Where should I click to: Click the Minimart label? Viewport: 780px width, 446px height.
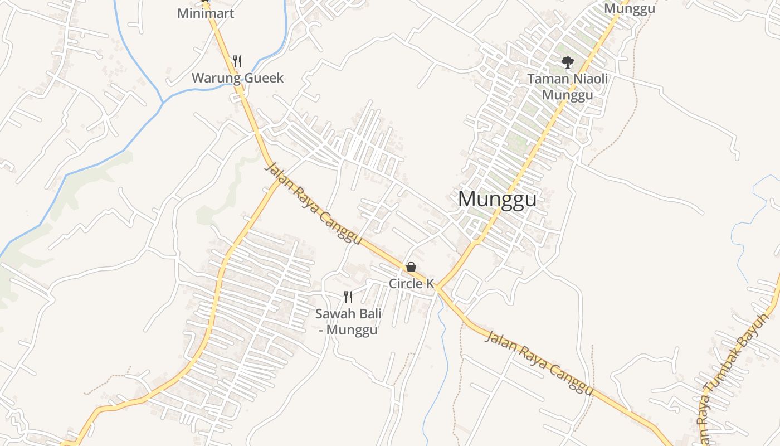pyautogui.click(x=206, y=13)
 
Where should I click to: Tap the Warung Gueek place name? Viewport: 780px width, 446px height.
pyautogui.click(x=237, y=78)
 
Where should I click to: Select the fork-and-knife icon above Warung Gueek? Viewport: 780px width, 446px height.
pyautogui.click(x=237, y=61)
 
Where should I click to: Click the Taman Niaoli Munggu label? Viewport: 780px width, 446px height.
pyautogui.click(x=567, y=86)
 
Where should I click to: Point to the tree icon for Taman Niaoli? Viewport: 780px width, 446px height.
pyautogui.click(x=567, y=62)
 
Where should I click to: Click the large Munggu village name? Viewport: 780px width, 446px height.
pyautogui.click(x=497, y=199)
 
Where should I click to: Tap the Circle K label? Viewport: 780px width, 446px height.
pyautogui.click(x=411, y=283)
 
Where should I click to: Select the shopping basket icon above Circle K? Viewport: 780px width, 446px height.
pyautogui.click(x=411, y=267)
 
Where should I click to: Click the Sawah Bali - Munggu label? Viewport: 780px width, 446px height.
pyautogui.click(x=349, y=322)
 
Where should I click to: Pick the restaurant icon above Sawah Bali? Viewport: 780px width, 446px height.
pyautogui.click(x=349, y=297)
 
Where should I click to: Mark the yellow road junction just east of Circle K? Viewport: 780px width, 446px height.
pyautogui.click(x=438, y=288)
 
